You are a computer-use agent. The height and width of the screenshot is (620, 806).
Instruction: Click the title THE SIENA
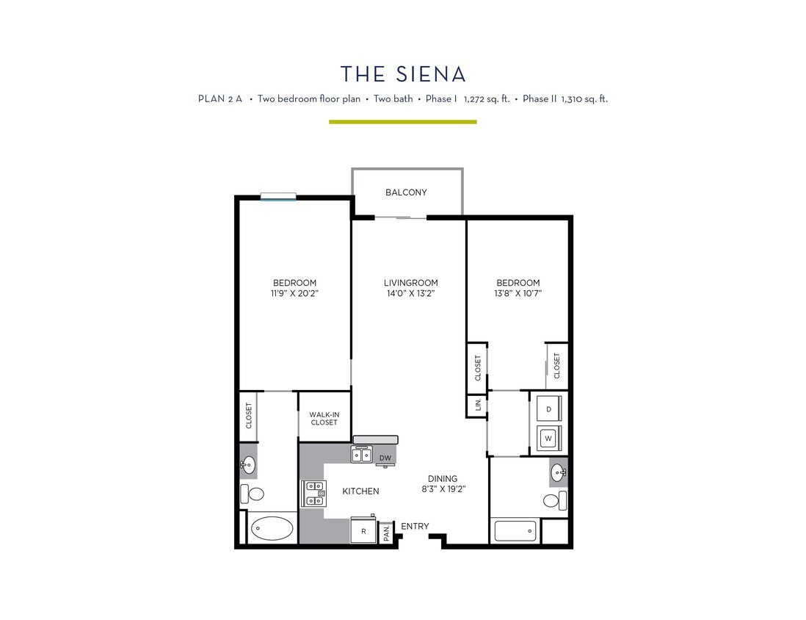tap(403, 74)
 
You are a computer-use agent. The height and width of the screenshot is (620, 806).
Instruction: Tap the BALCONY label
tap(406, 192)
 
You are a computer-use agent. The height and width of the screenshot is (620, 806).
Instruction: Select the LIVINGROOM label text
tap(410, 283)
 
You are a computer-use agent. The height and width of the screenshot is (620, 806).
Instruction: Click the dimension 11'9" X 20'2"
tap(294, 293)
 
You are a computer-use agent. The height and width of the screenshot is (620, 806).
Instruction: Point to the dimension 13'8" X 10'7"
tap(518, 293)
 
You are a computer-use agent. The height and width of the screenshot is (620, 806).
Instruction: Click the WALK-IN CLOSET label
tap(324, 419)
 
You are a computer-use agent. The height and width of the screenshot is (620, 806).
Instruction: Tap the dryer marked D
tap(547, 408)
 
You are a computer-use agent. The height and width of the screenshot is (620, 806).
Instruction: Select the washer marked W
tap(547, 439)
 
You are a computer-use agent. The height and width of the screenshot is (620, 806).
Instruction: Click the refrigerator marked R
tap(363, 530)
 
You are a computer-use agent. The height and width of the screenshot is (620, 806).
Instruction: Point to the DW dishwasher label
tap(385, 458)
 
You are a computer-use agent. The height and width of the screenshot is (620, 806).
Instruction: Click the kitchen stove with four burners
tap(313, 494)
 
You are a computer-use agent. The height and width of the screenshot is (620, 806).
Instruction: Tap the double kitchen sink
tap(362, 455)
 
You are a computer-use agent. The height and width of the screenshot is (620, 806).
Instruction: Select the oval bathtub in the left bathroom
tap(272, 527)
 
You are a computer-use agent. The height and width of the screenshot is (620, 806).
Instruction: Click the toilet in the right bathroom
tap(554, 501)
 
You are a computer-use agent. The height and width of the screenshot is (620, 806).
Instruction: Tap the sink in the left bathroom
tap(248, 464)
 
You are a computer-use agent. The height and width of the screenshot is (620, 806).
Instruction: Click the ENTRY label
tap(415, 526)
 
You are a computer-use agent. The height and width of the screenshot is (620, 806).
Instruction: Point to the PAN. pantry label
tap(387, 533)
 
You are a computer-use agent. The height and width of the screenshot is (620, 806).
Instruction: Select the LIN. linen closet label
tap(477, 405)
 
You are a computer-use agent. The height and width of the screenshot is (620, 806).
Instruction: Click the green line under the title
tap(402, 122)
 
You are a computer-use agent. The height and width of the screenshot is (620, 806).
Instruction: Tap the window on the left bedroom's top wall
tap(278, 196)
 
